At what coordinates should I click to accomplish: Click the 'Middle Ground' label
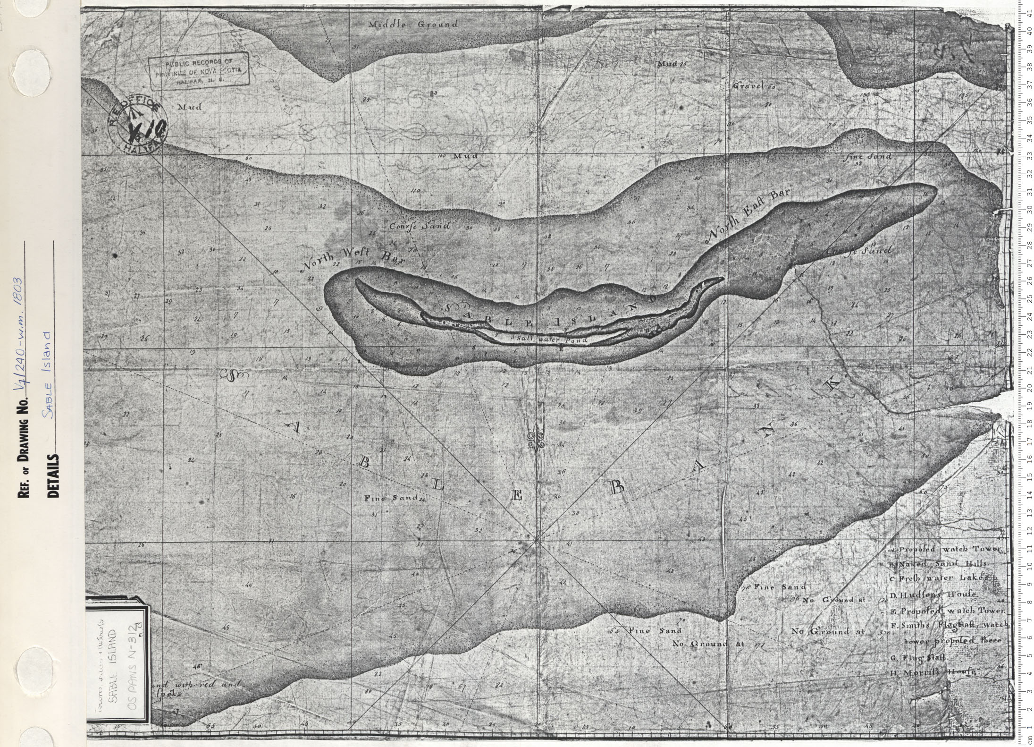413,25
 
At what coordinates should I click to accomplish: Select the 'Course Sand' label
420,226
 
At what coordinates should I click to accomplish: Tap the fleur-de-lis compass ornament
537,440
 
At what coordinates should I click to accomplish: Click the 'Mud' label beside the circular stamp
189,107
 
